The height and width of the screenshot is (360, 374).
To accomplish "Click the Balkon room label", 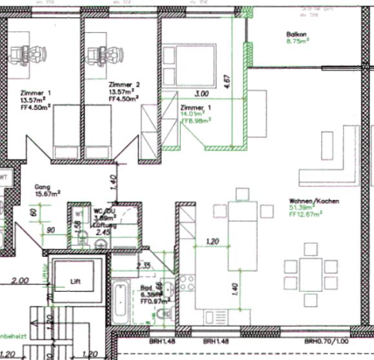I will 296,34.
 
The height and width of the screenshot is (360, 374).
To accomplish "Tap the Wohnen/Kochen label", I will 315,201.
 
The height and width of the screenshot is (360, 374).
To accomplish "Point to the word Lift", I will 76,283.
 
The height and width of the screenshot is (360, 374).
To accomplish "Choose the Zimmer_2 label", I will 124,85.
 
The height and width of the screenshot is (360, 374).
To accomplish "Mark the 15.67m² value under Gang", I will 48,194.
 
